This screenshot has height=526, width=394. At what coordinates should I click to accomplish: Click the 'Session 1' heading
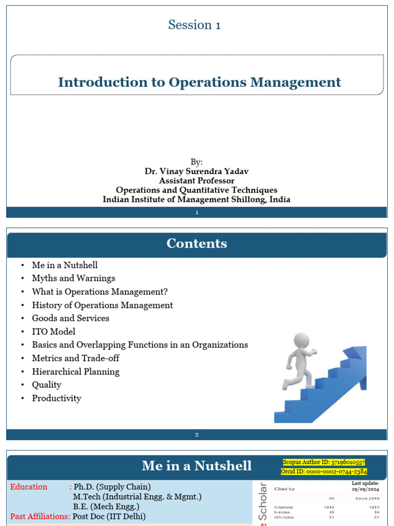[194, 25]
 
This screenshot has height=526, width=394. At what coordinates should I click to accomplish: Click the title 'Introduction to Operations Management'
[199, 82]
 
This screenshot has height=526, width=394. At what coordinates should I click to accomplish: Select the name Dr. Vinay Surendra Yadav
[196, 172]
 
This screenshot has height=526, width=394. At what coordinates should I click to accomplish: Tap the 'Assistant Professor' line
[196, 181]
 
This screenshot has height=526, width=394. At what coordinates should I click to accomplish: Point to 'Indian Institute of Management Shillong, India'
[196, 199]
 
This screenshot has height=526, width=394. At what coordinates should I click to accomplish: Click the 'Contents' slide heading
[196, 243]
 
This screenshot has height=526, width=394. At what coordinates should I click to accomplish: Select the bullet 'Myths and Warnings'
[73, 278]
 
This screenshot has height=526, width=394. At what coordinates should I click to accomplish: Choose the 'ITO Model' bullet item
[53, 332]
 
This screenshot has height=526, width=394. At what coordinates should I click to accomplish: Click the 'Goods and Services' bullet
[70, 318]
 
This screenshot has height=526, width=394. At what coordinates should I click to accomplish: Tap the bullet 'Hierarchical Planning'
[75, 372]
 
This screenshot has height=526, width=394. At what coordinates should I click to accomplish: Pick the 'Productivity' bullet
[56, 399]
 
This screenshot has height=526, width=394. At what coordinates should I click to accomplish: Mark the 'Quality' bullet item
[46, 385]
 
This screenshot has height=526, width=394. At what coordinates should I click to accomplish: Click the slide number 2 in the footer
[196, 435]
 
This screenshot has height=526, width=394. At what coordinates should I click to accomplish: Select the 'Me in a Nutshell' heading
[196, 466]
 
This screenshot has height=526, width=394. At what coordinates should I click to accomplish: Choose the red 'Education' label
[29, 487]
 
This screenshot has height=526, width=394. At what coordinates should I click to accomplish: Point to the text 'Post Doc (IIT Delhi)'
[109, 516]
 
